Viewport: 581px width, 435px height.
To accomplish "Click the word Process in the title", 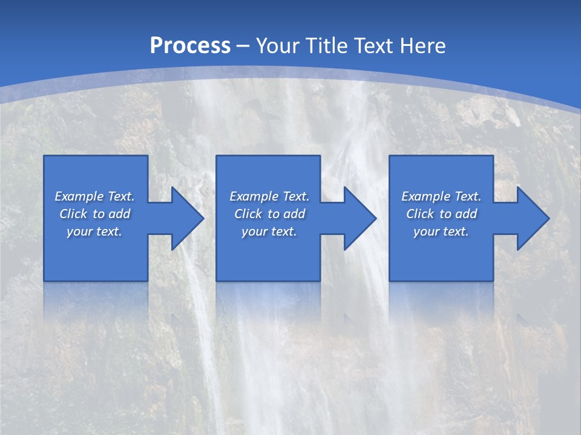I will tap(190, 45).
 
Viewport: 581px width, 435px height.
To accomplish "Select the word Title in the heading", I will tap(327, 46).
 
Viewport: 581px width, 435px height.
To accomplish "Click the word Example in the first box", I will tap(79, 196).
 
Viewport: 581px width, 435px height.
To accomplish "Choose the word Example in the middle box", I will tap(254, 196).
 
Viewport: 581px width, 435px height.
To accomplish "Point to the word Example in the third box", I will tap(425, 196).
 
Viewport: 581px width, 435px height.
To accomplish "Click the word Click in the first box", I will tap(73, 214).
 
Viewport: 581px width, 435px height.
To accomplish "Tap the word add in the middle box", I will tap(294, 214).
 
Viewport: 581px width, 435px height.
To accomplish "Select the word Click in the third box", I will tap(420, 214).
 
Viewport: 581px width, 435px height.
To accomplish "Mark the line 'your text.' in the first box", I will tap(94, 231).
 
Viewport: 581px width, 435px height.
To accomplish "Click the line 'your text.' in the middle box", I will tap(269, 231).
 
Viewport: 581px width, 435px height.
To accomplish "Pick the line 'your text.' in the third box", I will tap(441, 231).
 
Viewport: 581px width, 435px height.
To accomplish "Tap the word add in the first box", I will tap(119, 214).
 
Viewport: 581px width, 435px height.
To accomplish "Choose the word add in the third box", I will tap(466, 214).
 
